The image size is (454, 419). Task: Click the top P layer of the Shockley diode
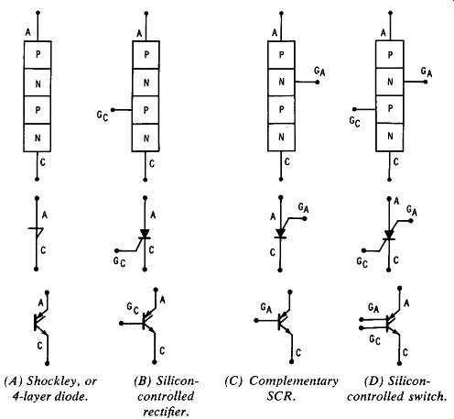click(38, 55)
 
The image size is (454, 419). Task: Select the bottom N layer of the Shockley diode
click(38, 138)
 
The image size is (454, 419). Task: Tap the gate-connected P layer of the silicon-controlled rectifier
click(146, 110)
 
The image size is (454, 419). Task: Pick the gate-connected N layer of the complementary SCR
click(281, 82)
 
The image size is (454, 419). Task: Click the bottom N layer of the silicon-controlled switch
click(390, 137)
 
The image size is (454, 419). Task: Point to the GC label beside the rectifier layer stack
click(103, 116)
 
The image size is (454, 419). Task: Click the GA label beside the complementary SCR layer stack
click(319, 72)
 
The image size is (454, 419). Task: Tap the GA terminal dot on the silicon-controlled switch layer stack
click(426, 82)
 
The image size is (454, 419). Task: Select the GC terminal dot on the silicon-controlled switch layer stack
click(354, 109)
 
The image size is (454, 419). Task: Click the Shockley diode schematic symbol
click(37, 234)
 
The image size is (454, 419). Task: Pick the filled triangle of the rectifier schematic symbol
click(145, 233)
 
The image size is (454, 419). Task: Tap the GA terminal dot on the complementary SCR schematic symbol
click(304, 218)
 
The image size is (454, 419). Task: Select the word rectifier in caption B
click(166, 412)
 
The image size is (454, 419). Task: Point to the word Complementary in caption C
click(294, 381)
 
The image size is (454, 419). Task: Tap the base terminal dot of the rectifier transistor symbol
click(121, 323)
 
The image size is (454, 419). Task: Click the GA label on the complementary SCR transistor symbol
click(266, 308)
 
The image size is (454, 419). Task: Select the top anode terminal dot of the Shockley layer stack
click(38, 13)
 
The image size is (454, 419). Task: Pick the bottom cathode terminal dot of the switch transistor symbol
click(400, 363)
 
